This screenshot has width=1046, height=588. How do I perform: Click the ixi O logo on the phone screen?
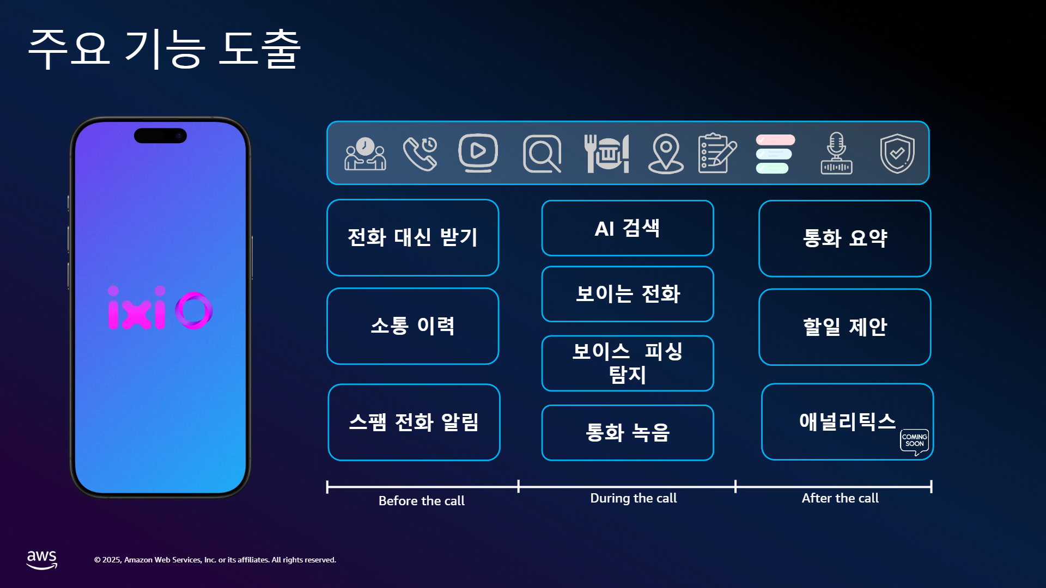(x=160, y=308)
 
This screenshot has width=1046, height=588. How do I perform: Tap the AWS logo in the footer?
(x=42, y=560)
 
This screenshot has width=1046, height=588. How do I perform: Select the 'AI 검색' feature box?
(x=628, y=228)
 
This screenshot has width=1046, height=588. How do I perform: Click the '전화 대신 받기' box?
(x=413, y=237)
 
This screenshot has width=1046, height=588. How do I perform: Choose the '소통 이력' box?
(x=413, y=326)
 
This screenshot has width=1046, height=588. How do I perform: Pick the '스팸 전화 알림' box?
(x=414, y=422)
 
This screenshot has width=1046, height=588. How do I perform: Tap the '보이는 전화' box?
(x=628, y=294)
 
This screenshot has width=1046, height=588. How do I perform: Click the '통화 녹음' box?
(x=628, y=433)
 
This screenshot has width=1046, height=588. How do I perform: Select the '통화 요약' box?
(x=845, y=238)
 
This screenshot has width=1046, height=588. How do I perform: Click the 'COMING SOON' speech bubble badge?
(x=915, y=441)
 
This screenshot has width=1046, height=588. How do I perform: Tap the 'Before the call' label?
(x=422, y=501)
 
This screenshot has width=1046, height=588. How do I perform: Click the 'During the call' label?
(x=634, y=498)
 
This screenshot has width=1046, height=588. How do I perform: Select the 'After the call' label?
(x=840, y=498)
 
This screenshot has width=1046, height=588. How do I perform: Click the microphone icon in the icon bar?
(x=837, y=153)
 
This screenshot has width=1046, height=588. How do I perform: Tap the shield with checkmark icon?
(x=897, y=153)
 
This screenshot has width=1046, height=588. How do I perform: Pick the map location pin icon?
(x=666, y=153)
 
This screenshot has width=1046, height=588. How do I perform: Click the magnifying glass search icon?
(x=542, y=154)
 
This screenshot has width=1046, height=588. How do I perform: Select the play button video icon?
(x=478, y=152)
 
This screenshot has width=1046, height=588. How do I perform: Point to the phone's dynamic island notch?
(x=160, y=136)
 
